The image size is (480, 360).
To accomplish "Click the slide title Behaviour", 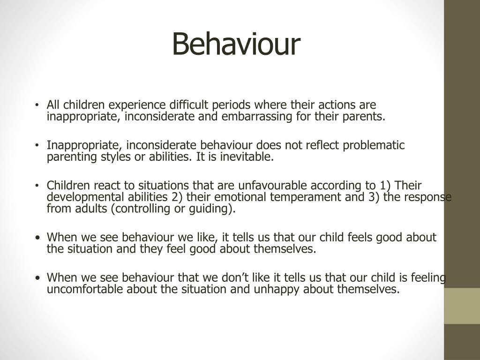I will pos(236,45).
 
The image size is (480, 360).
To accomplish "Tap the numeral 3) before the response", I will pos(374,197).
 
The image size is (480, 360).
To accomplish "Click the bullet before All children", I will pos(37,105).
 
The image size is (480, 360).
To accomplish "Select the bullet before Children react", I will pos(37,186).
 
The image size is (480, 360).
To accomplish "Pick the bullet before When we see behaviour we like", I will pos(37,238).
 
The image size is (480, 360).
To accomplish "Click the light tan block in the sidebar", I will pos(462,306).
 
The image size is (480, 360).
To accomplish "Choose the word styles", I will pos(110,157).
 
